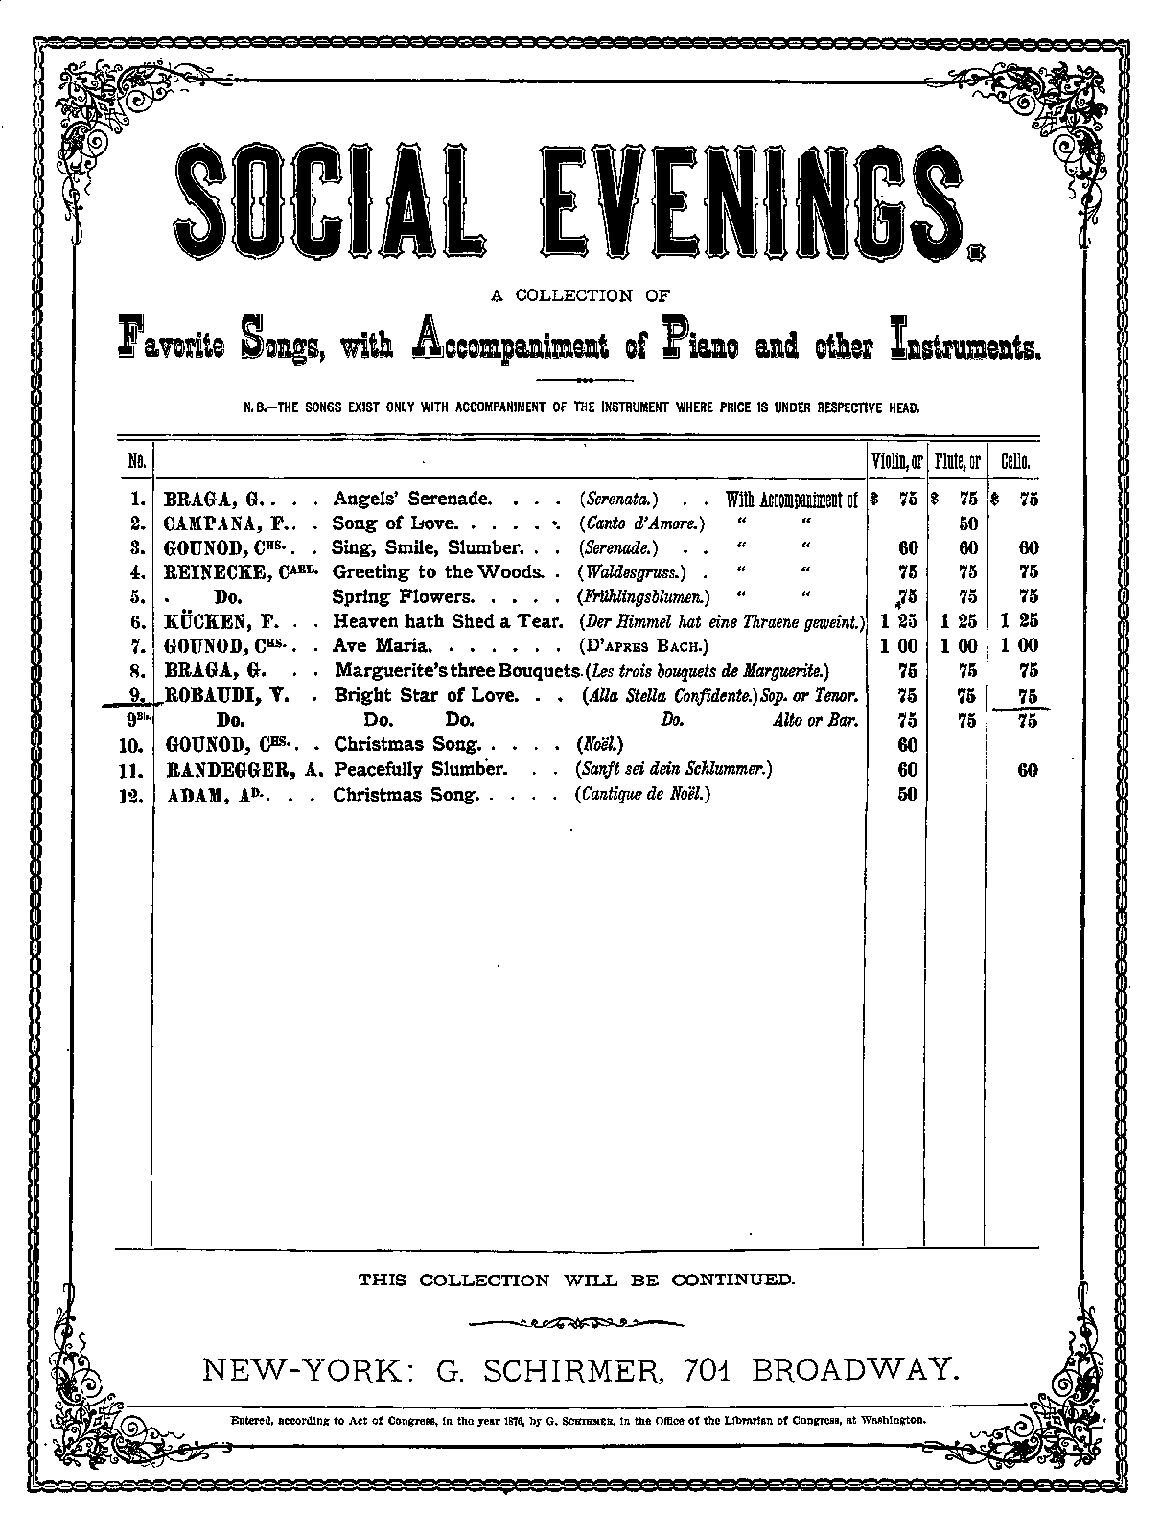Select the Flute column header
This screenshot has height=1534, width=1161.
[x=958, y=461]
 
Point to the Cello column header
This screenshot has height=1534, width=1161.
[x=1015, y=461]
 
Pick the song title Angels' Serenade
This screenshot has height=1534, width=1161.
[x=412, y=499]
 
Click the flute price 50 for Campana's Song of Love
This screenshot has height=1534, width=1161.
[x=968, y=523]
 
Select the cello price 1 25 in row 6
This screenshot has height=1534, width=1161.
[x=1019, y=620]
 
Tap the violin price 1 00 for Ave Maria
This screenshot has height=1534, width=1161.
[x=898, y=645]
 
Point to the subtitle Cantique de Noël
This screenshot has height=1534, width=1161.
[x=642, y=794]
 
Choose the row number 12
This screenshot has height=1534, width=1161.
[x=135, y=794]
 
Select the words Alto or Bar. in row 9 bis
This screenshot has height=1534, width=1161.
[x=814, y=720]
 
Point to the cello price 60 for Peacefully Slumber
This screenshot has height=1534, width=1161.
[x=1027, y=769]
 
